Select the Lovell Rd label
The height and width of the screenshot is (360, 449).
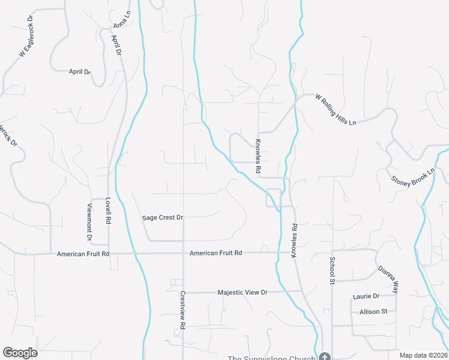pyautogui.click(x=108, y=211)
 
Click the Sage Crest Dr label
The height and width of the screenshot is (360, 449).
pyautogui.click(x=162, y=217)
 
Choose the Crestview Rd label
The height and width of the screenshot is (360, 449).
pyautogui.click(x=182, y=309)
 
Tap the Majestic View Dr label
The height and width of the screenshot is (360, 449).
pyautogui.click(x=243, y=292)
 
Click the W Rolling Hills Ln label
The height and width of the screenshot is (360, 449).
pyautogui.click(x=336, y=110)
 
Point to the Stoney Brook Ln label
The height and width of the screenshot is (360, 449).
pyautogui.click(x=412, y=174)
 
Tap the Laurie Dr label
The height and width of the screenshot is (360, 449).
pyautogui.click(x=366, y=296)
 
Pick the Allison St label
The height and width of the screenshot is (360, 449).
pyautogui.click(x=374, y=311)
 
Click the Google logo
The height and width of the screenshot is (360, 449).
pyautogui.click(x=20, y=353)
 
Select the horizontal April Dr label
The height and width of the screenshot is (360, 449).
pyautogui.click(x=79, y=71)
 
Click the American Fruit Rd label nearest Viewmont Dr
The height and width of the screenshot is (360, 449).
pyautogui.click(x=83, y=254)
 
